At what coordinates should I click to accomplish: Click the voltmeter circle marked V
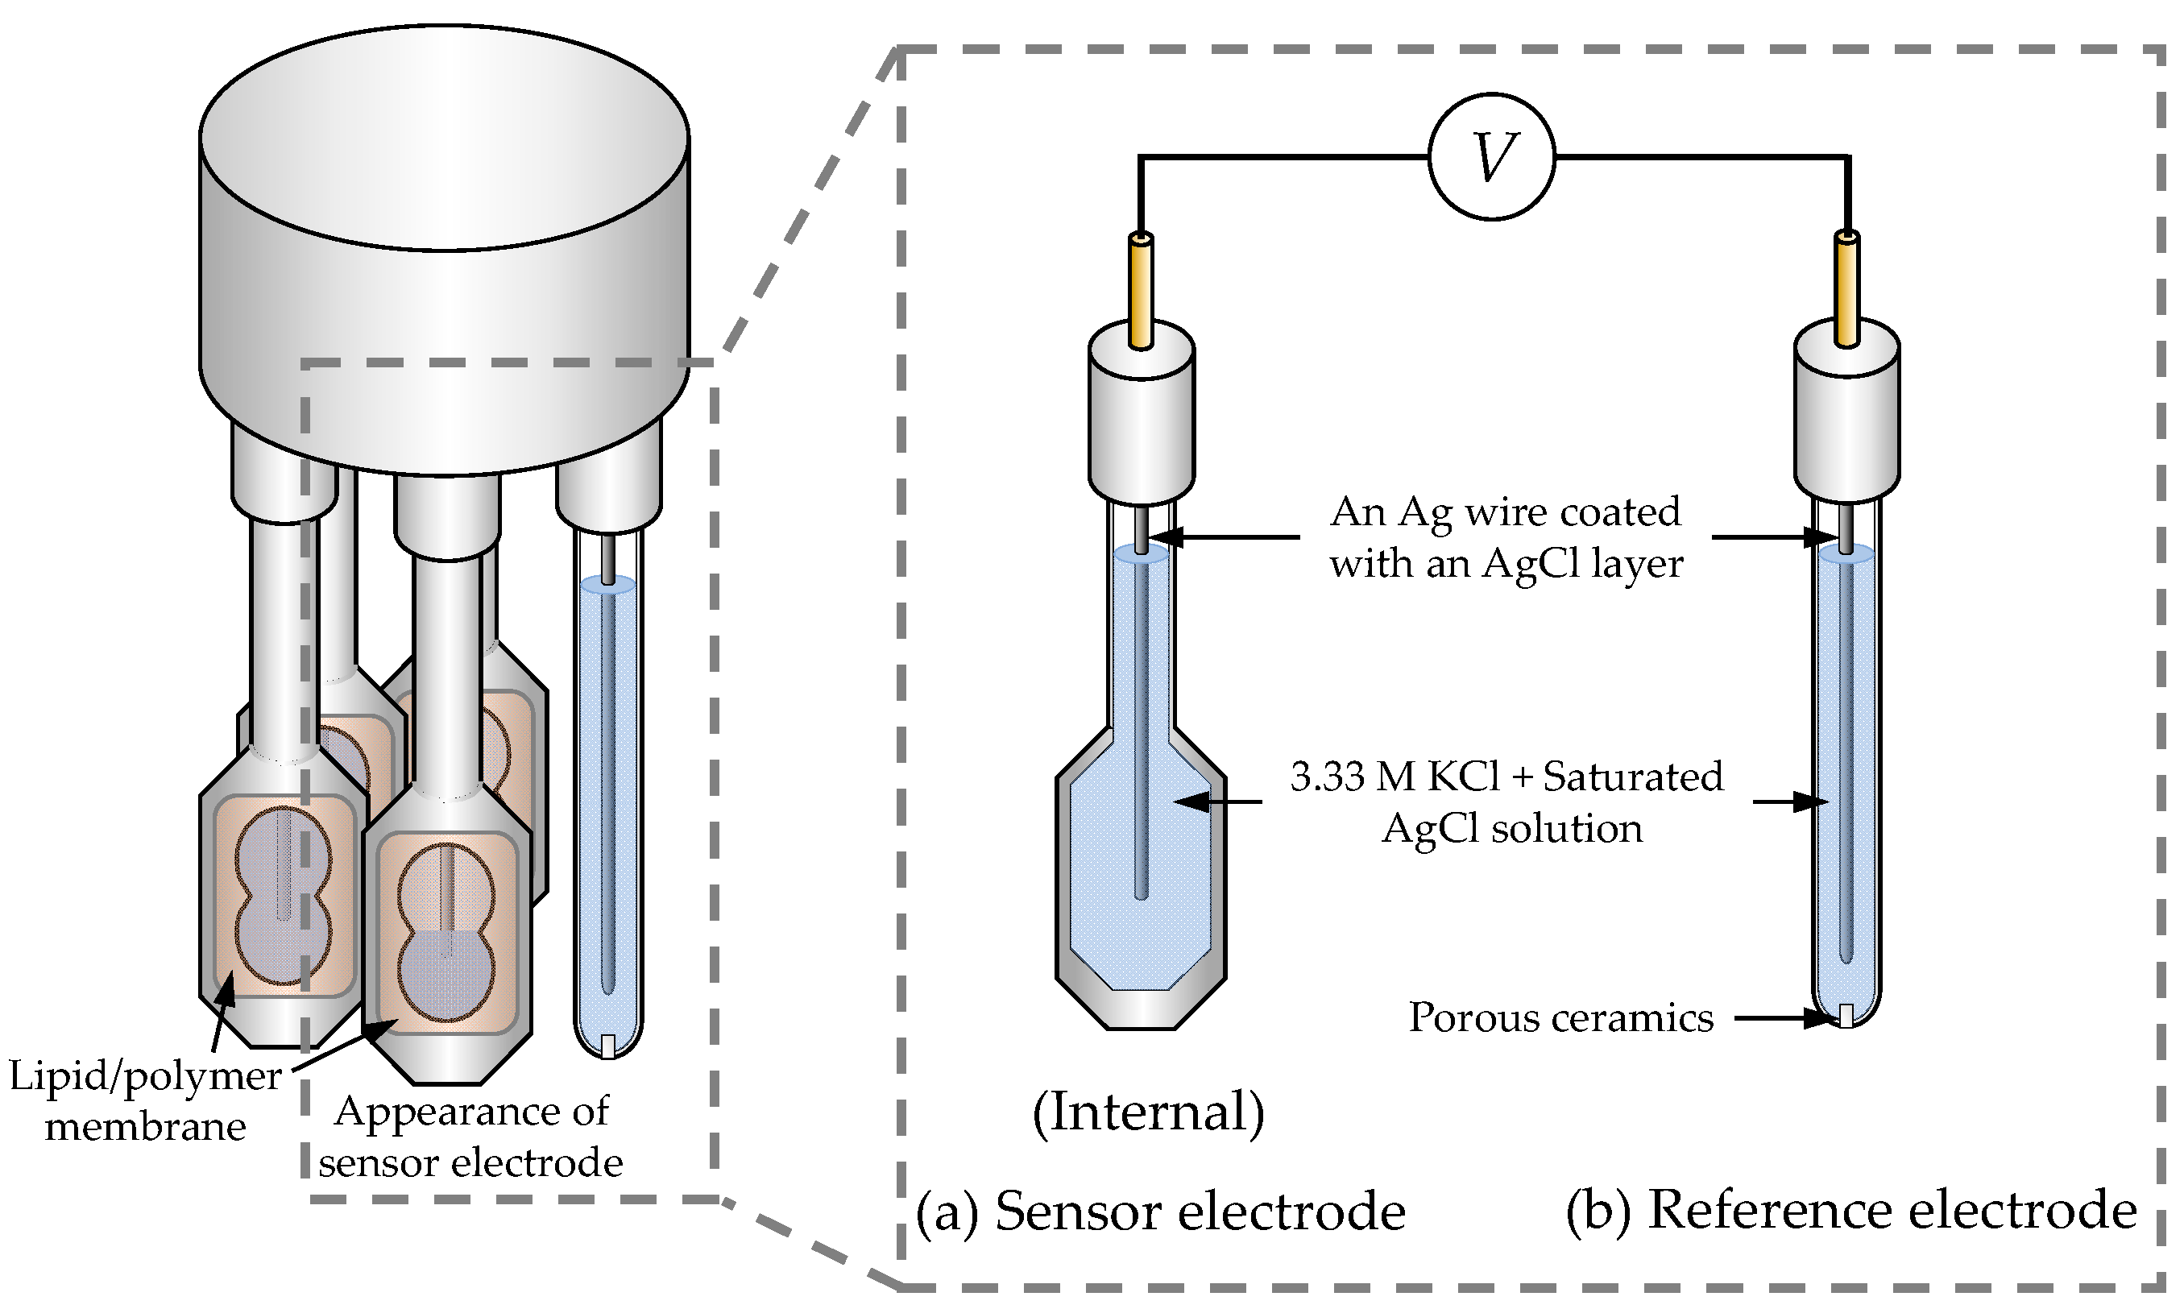(x=1490, y=157)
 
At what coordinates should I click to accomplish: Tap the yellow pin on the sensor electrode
(x=1140, y=291)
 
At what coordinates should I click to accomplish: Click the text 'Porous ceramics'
(x=1560, y=1018)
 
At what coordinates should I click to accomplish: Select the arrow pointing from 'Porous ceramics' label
(x=1782, y=1019)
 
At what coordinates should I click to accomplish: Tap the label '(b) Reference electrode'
(x=1850, y=1209)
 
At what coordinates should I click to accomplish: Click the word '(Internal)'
(x=1149, y=1112)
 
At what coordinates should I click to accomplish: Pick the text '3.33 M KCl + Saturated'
(x=1506, y=777)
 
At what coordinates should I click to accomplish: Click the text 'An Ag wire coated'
(x=1505, y=512)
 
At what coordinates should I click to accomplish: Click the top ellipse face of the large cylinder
(x=444, y=137)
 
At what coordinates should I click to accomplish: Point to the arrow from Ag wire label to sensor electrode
(x=1226, y=536)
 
